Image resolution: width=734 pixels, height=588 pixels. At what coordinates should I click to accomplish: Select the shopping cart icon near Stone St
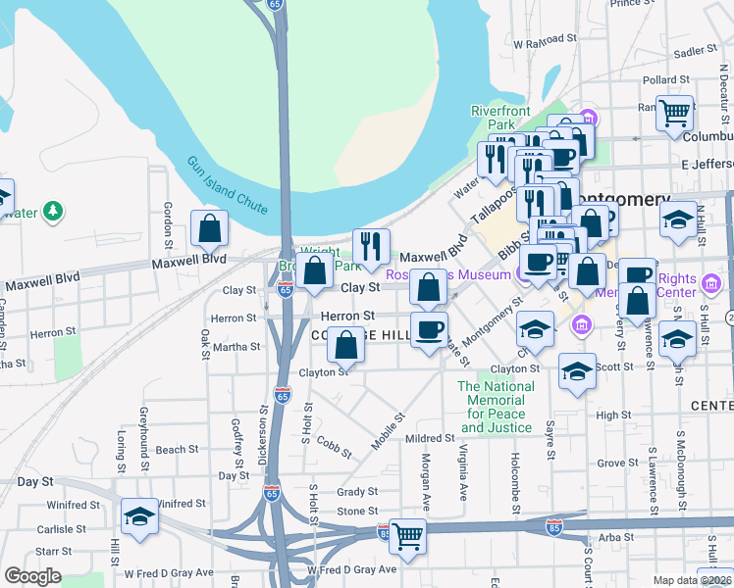click(x=407, y=536)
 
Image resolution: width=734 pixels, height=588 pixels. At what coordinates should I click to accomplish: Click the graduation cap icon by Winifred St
click(x=139, y=516)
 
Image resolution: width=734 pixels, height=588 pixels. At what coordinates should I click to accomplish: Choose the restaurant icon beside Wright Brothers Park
click(x=371, y=246)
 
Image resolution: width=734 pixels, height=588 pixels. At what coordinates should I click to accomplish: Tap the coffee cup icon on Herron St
click(x=429, y=329)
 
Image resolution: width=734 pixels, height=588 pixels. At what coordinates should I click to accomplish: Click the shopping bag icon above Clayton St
click(x=345, y=345)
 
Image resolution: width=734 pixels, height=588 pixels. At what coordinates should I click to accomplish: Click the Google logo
click(x=32, y=576)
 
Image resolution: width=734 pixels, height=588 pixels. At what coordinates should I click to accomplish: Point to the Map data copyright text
click(x=693, y=580)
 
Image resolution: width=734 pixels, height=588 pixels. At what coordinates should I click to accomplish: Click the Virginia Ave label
click(x=461, y=468)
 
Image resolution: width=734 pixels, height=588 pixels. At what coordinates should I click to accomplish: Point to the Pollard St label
click(x=661, y=79)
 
